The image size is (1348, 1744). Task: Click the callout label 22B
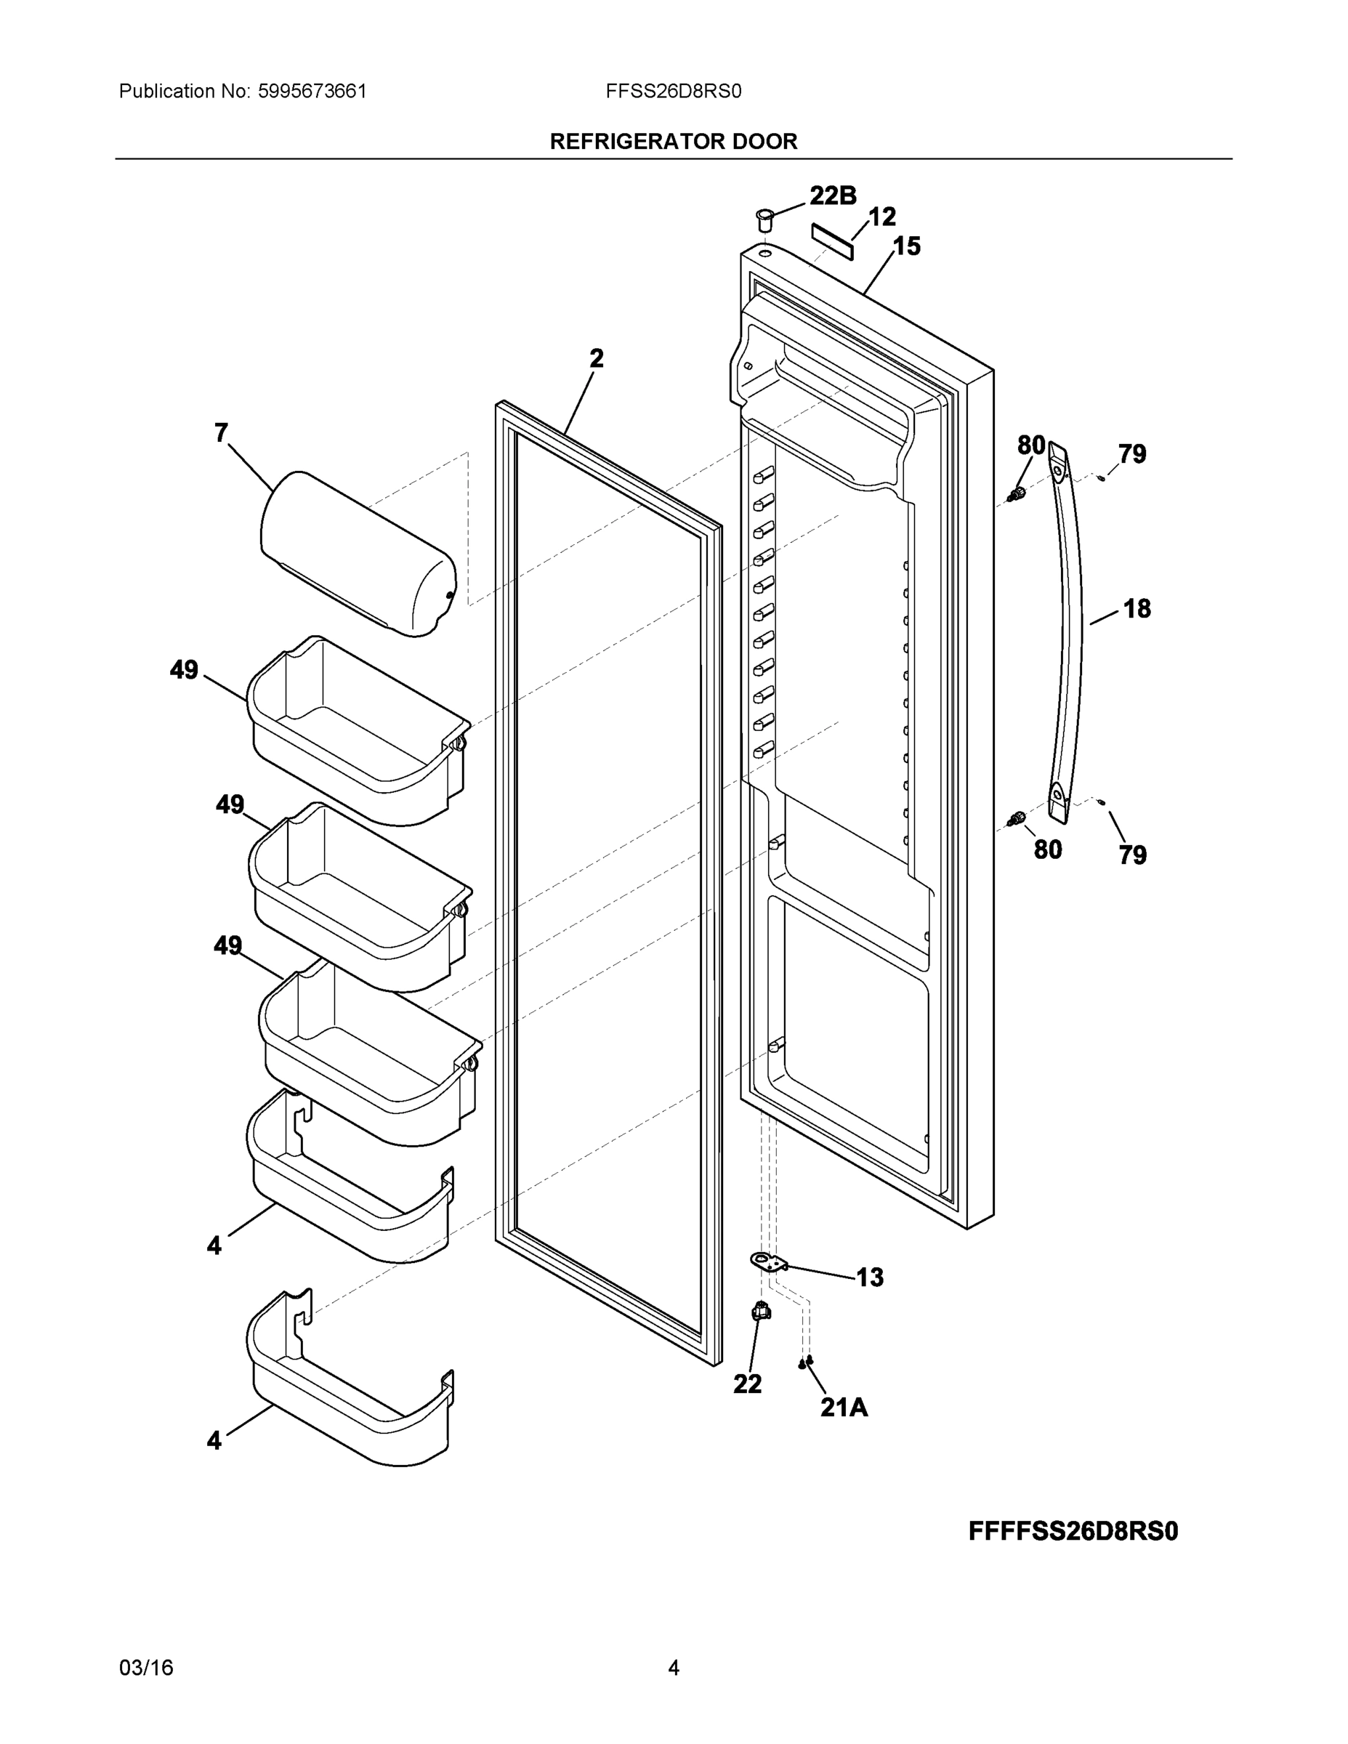(832, 195)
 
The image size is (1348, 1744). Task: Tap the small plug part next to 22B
(764, 218)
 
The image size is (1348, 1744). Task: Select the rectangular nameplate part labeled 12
(832, 241)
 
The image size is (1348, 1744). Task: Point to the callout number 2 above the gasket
(597, 358)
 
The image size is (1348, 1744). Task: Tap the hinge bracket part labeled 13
(768, 1261)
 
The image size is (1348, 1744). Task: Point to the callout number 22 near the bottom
(748, 1384)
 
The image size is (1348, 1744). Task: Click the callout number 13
(870, 1277)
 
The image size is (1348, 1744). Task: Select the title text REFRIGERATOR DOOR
(673, 142)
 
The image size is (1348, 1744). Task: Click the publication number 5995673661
(312, 91)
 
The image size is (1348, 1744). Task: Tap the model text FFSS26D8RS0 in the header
(673, 91)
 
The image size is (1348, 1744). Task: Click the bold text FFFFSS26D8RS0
(1073, 1531)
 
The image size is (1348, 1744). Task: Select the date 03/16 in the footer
(146, 1668)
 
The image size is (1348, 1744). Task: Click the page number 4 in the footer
(673, 1668)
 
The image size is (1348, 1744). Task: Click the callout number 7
(221, 433)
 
